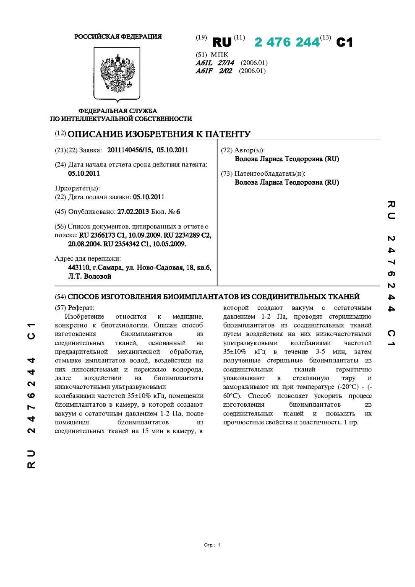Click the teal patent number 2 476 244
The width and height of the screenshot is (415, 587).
287,42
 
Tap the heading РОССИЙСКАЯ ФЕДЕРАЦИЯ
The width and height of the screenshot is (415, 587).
118,37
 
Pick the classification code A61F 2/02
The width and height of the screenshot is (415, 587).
214,71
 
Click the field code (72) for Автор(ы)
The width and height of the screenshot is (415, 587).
227,150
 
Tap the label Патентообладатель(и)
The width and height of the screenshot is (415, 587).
269,174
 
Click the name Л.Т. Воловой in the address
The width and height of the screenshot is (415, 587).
89,276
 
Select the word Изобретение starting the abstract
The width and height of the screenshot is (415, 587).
85,316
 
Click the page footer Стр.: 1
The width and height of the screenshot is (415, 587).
212,545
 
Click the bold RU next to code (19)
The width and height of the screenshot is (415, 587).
222,42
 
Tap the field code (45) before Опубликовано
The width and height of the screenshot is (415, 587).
60,212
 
